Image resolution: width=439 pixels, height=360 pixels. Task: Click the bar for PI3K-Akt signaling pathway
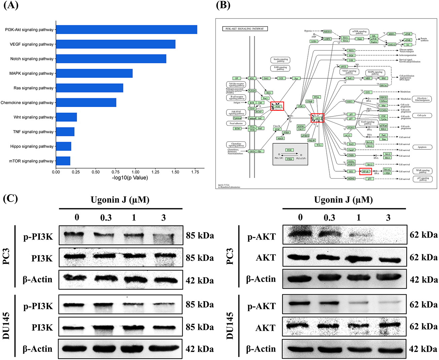coord(126,30)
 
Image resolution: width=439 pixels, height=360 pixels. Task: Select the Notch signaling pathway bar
coord(111,59)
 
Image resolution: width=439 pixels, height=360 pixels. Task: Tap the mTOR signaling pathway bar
coord(63,161)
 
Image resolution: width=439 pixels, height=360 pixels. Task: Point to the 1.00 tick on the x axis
coord(135,172)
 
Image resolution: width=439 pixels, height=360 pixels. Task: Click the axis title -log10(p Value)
coord(130,178)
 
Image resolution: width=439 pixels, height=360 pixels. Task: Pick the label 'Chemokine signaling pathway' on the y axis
coord(27,103)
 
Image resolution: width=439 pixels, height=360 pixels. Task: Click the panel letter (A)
coord(11,6)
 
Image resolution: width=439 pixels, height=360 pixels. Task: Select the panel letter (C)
coord(10,198)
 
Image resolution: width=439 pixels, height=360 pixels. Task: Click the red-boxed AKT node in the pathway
coord(317,118)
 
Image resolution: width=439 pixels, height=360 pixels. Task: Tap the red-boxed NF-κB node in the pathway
coord(365,172)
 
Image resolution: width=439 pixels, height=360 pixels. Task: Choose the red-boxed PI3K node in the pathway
coord(278,106)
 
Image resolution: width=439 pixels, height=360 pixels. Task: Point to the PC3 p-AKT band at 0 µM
coord(300,232)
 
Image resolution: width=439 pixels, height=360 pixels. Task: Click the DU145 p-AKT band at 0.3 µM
coord(329,303)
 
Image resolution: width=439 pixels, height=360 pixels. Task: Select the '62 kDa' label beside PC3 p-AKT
coord(424,235)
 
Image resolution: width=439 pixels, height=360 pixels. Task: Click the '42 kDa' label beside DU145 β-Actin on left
coord(200,349)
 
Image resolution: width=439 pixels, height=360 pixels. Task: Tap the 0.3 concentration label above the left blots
coord(106,217)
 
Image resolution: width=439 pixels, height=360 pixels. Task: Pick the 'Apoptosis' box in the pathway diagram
coord(422,147)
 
